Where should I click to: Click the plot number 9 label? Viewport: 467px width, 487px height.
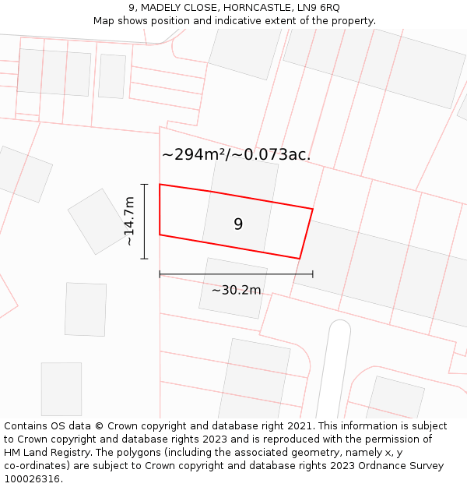point(238,224)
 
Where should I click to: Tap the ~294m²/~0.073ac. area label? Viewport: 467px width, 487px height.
point(236,154)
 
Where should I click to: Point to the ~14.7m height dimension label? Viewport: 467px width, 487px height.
point(129,221)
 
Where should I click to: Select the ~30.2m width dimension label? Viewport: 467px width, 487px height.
point(236,291)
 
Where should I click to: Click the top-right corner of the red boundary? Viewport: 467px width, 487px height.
point(312,209)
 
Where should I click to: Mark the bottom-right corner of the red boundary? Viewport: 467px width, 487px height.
point(300,258)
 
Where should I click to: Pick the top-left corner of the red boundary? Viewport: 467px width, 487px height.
point(160,185)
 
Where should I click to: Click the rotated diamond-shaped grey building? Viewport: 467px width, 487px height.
point(98,221)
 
